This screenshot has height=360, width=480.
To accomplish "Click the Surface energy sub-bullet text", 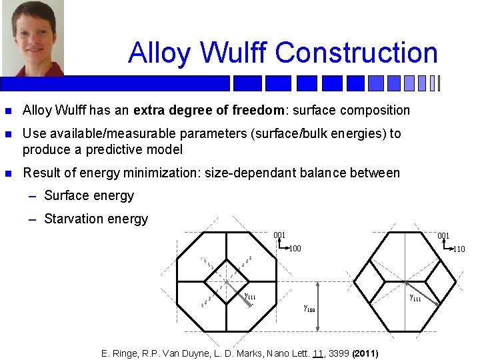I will tap(89, 196).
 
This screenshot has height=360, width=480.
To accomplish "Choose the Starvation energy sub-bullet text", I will tap(95, 219).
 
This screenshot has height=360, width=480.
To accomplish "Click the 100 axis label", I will tap(294, 249).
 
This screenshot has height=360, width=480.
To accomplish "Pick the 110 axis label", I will tap(459, 250).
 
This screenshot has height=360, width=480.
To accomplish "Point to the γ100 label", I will tap(309, 309).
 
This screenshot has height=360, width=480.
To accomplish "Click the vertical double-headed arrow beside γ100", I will tap(319, 306).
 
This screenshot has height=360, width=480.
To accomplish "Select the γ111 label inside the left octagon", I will tap(250, 296).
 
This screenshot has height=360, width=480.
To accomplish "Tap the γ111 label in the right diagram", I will tap(415, 297).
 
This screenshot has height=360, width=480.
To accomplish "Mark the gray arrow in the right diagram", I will tap(425, 293).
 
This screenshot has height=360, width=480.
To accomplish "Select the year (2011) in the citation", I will tap(365, 353).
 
